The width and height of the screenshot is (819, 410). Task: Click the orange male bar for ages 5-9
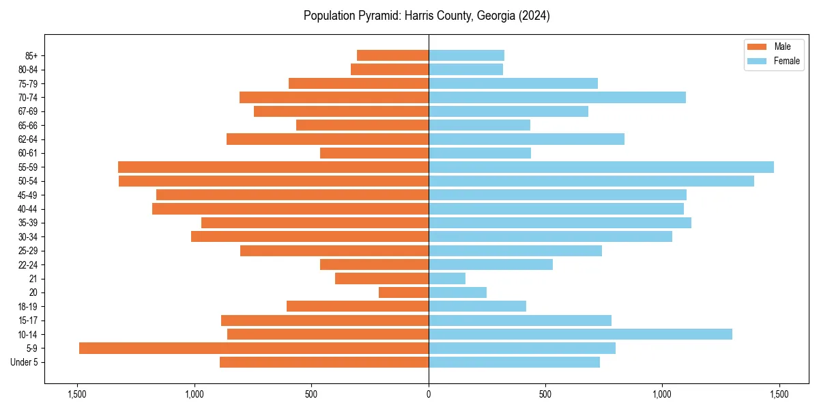[254, 348]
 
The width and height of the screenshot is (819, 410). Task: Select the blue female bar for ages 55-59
[601, 167]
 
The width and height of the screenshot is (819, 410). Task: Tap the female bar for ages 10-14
[580, 334]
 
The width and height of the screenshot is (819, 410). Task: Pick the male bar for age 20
[403, 292]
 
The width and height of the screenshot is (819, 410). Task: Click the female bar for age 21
[447, 278]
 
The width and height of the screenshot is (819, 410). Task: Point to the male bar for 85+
[392, 55]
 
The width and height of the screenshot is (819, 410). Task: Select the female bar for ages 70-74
[557, 97]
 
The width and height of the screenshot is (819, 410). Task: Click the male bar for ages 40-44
[290, 208]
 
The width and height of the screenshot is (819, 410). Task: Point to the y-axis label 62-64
[28, 139]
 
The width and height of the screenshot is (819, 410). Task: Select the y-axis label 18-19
[28, 306]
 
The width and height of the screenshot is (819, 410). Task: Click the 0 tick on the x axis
[429, 394]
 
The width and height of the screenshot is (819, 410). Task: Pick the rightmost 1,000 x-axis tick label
[662, 394]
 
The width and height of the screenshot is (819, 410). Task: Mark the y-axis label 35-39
[28, 223]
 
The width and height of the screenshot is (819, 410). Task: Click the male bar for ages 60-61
[374, 153]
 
